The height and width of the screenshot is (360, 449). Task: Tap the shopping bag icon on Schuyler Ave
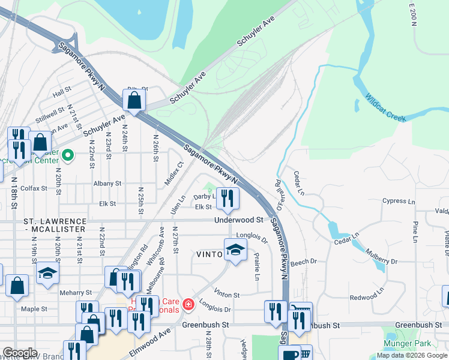[x=134, y=100]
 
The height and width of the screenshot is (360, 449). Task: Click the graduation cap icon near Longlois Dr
[x=235, y=250]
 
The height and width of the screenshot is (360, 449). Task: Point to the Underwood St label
[x=238, y=220]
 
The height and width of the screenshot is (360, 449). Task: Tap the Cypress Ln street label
[x=394, y=201]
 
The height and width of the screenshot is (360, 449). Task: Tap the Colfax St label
[x=34, y=188]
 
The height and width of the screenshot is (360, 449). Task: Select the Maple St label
[x=34, y=309]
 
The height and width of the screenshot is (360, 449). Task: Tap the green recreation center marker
[x=68, y=155]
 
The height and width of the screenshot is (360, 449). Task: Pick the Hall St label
[x=62, y=94]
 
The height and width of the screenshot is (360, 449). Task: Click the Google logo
[x=20, y=353]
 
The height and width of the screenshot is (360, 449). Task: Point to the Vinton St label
[x=226, y=295]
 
